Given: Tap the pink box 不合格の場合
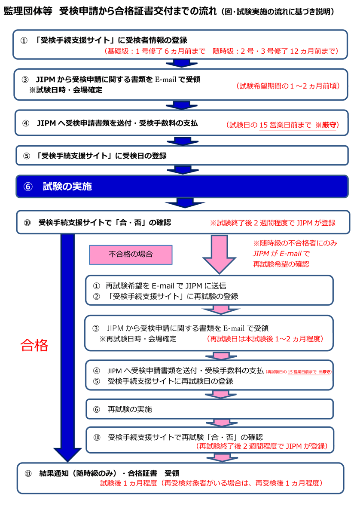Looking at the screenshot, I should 130,255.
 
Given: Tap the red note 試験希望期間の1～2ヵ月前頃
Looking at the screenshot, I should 288,86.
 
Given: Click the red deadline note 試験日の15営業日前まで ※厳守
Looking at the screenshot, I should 283,125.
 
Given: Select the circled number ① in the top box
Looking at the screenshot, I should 24,41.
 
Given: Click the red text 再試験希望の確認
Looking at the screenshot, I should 281,264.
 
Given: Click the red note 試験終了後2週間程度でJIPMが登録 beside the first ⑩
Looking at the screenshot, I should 272,223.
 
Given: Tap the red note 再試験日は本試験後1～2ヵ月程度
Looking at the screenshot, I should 265,338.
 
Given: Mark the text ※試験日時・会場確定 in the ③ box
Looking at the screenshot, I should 65,90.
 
